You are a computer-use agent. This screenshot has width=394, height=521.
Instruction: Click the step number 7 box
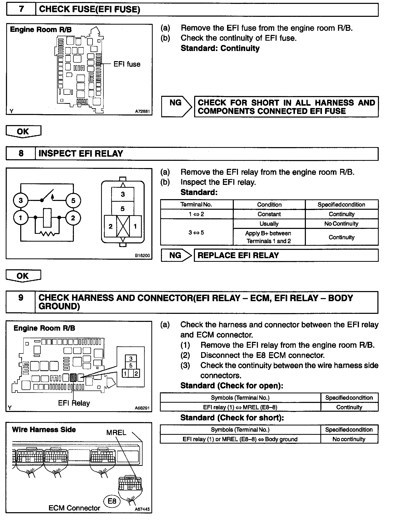pyautogui.click(x=21, y=9)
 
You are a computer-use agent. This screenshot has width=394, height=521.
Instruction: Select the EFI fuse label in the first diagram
pyautogui.click(x=127, y=64)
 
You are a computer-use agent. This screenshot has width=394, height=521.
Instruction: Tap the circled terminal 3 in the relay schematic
pyautogui.click(x=21, y=200)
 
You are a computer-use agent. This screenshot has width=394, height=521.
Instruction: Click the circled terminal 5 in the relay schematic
pyautogui.click(x=73, y=200)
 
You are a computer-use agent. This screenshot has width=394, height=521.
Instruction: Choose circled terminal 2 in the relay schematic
pyautogui.click(x=73, y=218)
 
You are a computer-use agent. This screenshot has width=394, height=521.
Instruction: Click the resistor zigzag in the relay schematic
pyautogui.click(x=47, y=234)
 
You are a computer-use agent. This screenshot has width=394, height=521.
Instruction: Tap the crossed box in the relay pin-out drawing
pyautogui.click(x=123, y=226)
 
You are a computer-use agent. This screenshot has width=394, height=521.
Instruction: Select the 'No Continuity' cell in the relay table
pyautogui.click(x=341, y=224)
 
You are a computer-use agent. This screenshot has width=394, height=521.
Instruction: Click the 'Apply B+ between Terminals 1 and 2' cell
pyautogui.click(x=269, y=237)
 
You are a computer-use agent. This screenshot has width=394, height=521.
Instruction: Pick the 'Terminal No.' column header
pyautogui.click(x=196, y=205)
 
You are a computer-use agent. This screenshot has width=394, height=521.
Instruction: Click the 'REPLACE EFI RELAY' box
pyautogui.click(x=286, y=255)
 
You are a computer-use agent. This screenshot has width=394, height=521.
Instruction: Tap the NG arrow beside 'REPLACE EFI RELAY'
pyautogui.click(x=176, y=255)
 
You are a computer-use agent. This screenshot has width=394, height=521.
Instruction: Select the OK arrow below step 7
pyautogui.click(x=23, y=132)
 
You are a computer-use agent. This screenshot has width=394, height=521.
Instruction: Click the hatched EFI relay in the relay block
pyautogui.click(x=73, y=377)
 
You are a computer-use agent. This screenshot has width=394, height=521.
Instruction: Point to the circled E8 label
pyautogui.click(x=112, y=501)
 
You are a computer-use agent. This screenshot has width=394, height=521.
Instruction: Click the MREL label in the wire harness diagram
pyautogui.click(x=116, y=432)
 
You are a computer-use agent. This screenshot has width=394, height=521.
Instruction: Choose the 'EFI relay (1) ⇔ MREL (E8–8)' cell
pyautogui.click(x=240, y=407)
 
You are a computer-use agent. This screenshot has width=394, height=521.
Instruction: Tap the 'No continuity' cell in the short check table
pyautogui.click(x=349, y=439)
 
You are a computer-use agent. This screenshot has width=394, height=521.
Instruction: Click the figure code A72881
pyautogui.click(x=142, y=112)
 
